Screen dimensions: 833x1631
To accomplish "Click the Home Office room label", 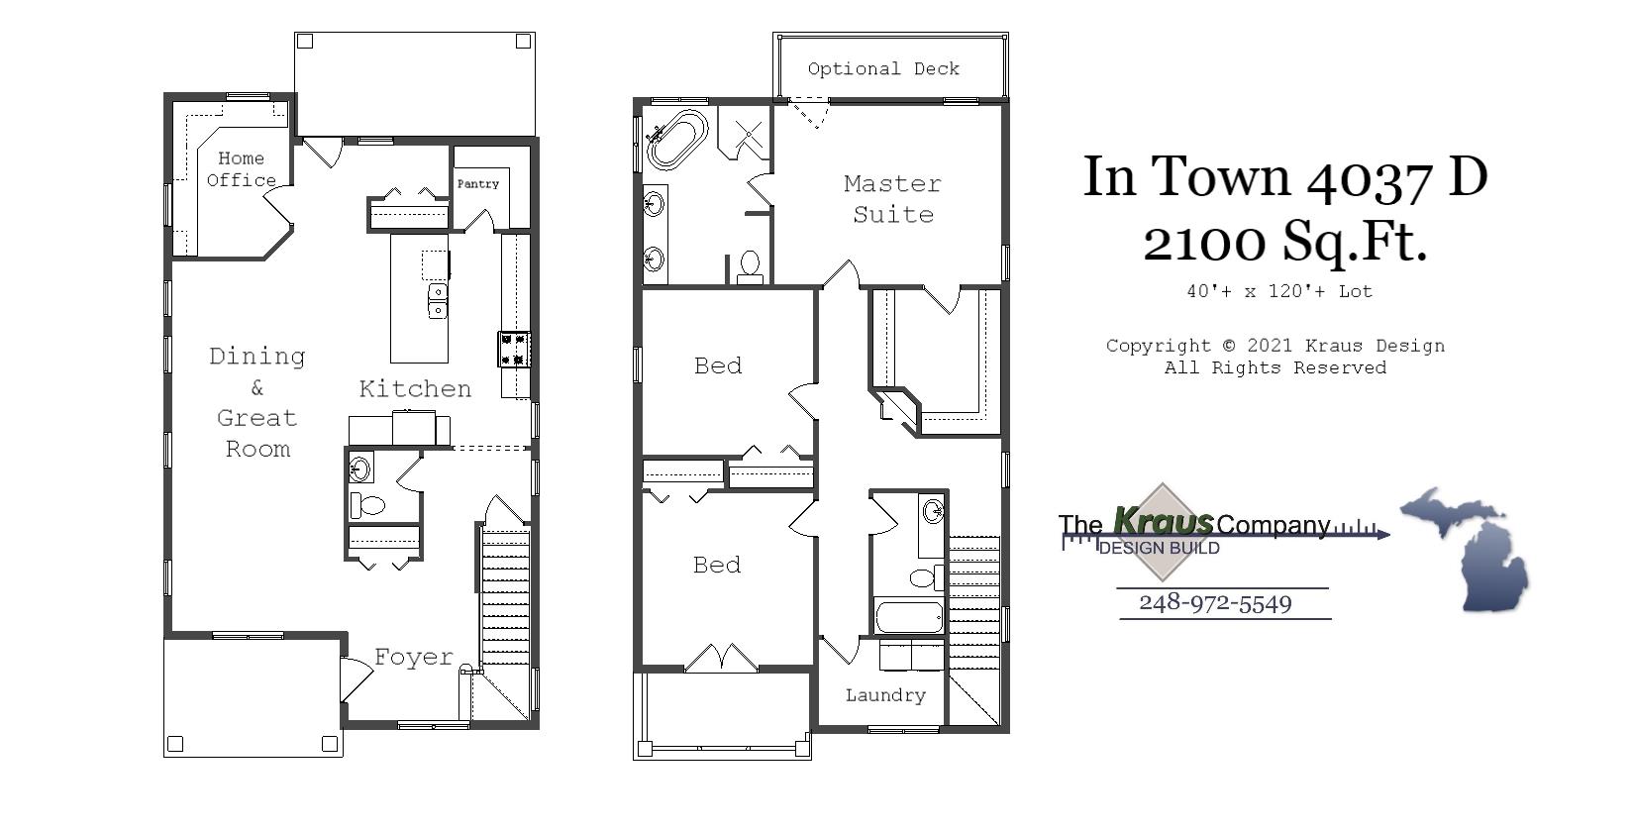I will [241, 169].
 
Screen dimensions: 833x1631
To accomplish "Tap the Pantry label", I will [477, 184].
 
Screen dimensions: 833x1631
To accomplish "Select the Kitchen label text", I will [415, 388].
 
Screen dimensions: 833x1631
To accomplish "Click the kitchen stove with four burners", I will [514, 349].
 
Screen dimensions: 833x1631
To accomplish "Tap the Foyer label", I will [413, 657].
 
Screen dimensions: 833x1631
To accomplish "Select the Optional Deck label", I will [883, 68].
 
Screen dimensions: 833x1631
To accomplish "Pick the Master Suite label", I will [892, 198].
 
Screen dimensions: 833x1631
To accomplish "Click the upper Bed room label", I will [718, 365].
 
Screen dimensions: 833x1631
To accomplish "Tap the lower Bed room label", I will [717, 565].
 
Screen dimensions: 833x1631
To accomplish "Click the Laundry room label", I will [885, 695].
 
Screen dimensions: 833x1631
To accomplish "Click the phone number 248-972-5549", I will [1215, 603].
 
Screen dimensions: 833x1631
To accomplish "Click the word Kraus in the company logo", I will [1163, 520].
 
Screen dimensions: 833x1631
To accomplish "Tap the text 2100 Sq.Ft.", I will [1284, 241].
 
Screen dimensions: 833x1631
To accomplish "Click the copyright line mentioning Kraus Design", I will [1274, 346].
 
